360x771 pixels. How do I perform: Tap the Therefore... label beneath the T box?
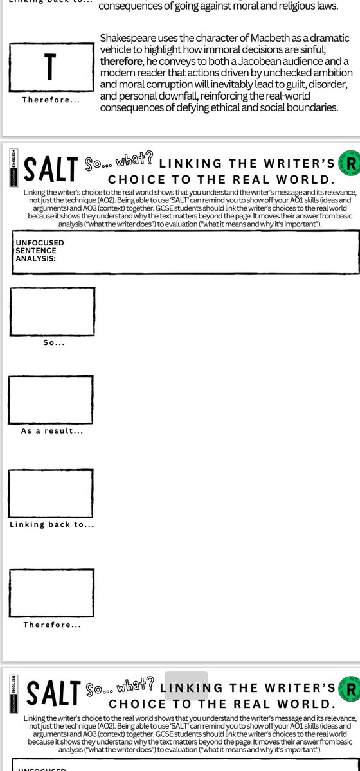[50, 100]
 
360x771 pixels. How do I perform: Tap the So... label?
[53, 343]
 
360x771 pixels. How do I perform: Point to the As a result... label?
[52, 431]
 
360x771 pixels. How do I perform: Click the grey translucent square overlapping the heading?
[186, 684]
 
